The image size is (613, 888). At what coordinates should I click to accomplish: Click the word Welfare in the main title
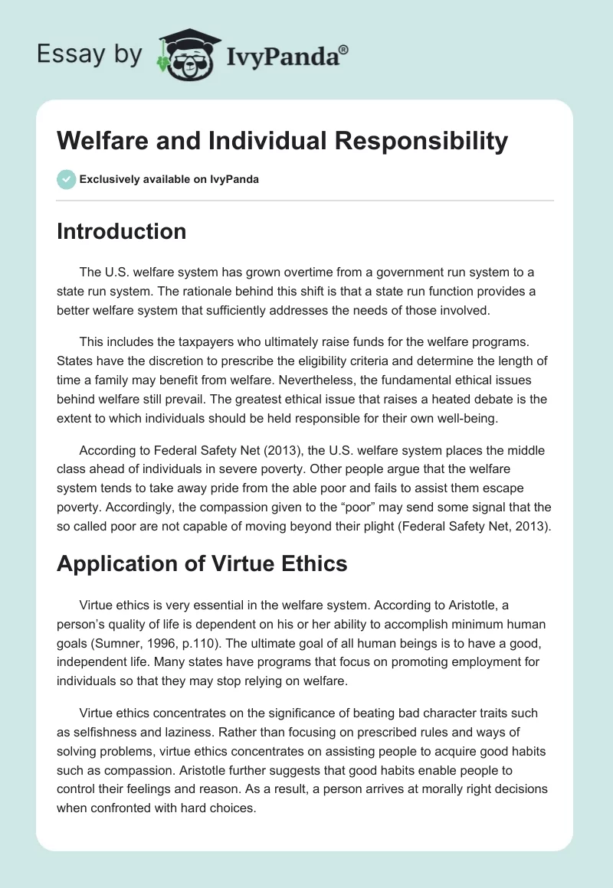pos(103,141)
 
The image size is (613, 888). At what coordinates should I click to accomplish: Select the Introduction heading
pos(121,231)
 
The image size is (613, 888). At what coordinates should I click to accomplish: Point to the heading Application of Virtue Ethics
pos(202,563)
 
